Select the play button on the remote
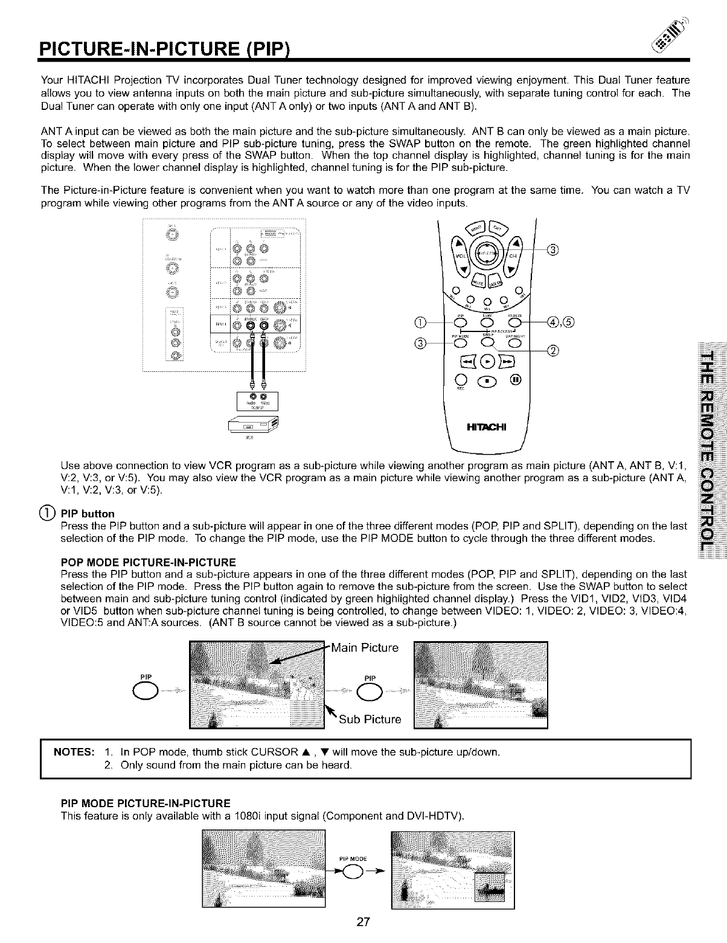488,362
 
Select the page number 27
363,922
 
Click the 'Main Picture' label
365,648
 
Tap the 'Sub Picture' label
370,720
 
